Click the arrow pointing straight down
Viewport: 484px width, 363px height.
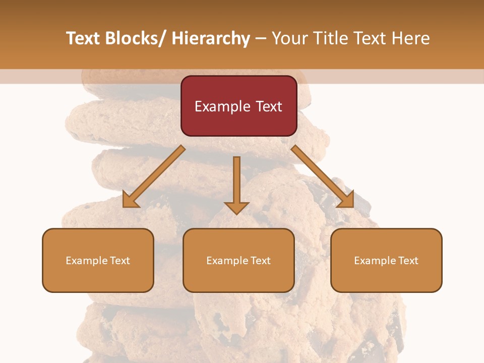click(x=236, y=184)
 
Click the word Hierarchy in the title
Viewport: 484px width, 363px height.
click(x=211, y=38)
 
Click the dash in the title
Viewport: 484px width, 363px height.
click(x=261, y=39)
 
